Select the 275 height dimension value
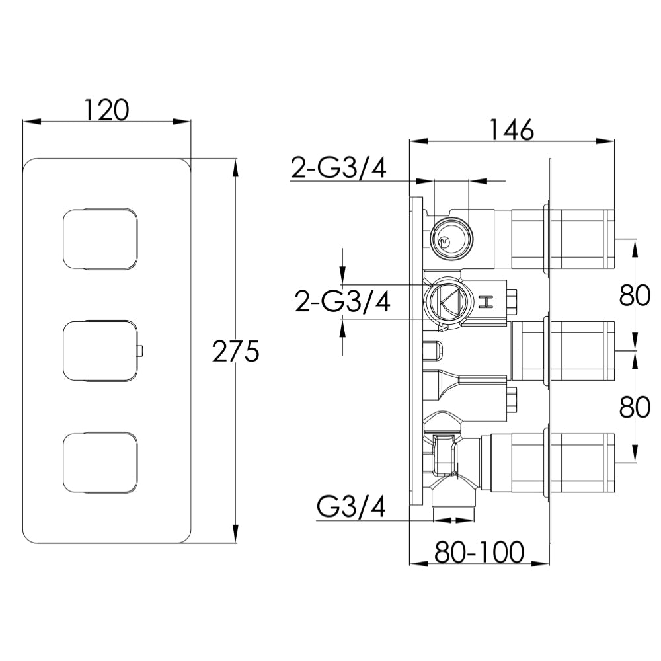pos(235,351)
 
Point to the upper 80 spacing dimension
pos(635,295)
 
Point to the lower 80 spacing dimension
pos(635,407)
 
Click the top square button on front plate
pos(102,239)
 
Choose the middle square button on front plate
pos(102,351)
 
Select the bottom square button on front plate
pos(102,463)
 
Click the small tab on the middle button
pos(141,351)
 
